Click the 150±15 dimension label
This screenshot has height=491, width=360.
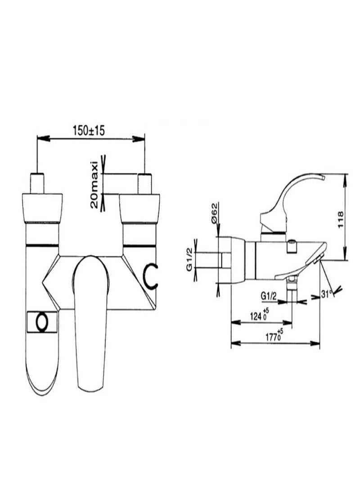tap(89, 130)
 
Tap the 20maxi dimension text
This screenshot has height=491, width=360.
tap(94, 185)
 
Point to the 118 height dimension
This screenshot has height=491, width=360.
tap(341, 220)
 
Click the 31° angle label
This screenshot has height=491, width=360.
tap(326, 294)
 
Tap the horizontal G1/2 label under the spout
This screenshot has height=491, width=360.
tap(269, 296)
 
